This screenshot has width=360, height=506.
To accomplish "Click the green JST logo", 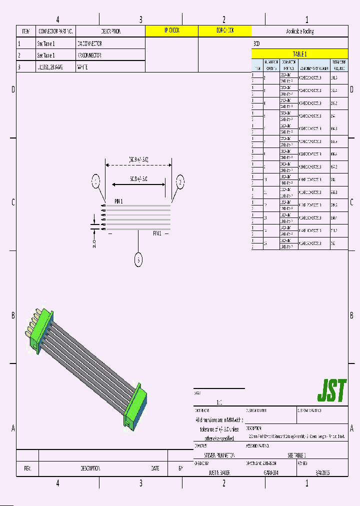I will pos(331,391).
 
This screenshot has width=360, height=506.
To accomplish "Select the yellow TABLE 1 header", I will pos(299,54).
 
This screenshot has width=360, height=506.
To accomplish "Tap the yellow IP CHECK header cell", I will pos(171,31).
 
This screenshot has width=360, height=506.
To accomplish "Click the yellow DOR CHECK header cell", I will pos(224,31).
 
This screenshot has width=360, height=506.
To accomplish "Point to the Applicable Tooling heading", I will pos(299,31).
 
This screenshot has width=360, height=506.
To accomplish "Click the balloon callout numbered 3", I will pos(138,259).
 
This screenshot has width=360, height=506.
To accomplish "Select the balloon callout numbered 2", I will pos(180,181).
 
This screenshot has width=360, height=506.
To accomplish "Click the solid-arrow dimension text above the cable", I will pos(138,178).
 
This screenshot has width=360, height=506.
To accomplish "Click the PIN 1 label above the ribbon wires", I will pos(118,201).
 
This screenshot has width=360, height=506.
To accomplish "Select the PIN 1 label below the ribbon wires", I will pos(157,233).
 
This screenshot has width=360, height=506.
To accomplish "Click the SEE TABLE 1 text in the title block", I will pos(296,455).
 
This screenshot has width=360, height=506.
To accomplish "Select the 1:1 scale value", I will pos(219,402).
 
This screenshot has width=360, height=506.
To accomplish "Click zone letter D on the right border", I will pos(352,89).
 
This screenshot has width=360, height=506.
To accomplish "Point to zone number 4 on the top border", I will pos(58,19).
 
